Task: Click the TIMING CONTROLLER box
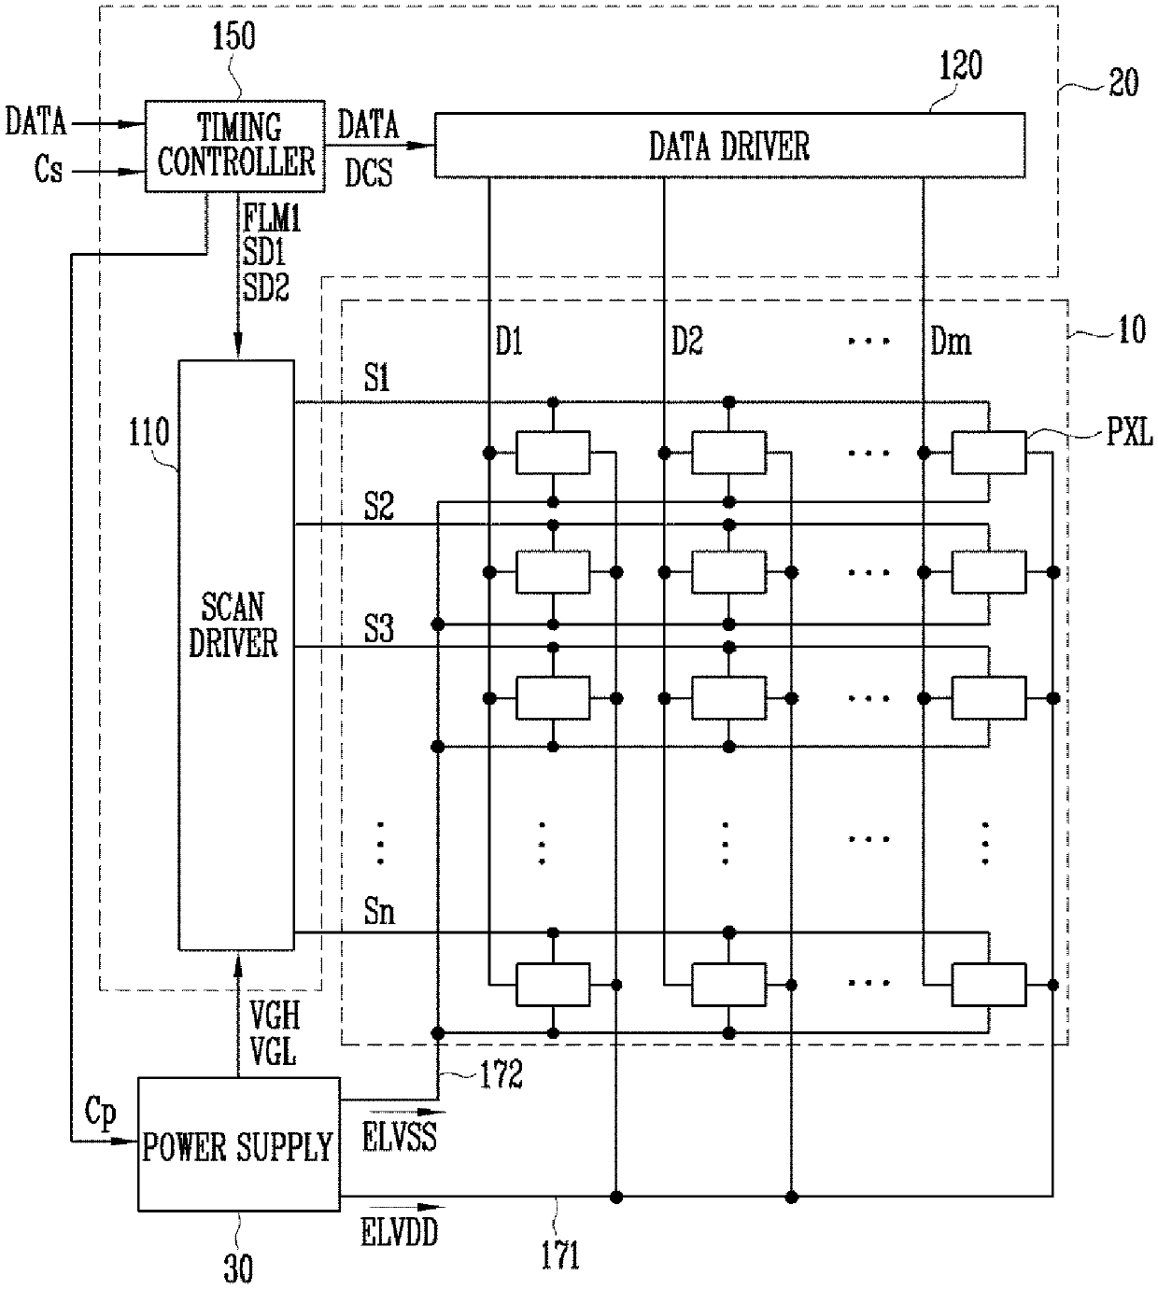235,146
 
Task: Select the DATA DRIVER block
729,145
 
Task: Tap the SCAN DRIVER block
236,654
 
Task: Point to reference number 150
233,35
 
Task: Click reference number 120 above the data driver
961,65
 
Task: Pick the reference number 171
560,1255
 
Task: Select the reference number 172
501,1074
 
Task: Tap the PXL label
1129,433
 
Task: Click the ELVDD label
400,1232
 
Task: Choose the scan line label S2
379,507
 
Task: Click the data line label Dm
951,342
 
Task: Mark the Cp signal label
101,1113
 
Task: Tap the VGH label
275,1016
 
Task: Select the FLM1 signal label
272,218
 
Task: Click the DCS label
369,173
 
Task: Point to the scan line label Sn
379,911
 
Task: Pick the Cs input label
49,169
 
